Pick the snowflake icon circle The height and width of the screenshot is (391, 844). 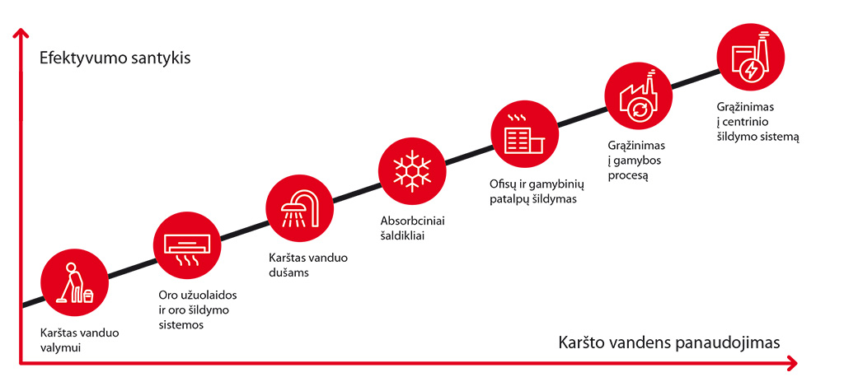412,170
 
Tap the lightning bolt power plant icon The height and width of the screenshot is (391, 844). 751,57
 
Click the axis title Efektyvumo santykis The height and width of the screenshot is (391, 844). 115,58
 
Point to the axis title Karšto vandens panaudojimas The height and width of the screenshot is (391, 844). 669,342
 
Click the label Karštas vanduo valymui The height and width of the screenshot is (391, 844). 80,340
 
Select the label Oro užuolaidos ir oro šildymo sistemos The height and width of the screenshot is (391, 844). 198,310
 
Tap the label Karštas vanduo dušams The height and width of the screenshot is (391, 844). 308,264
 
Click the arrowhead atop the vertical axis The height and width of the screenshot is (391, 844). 21,35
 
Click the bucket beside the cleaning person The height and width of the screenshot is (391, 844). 88,296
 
